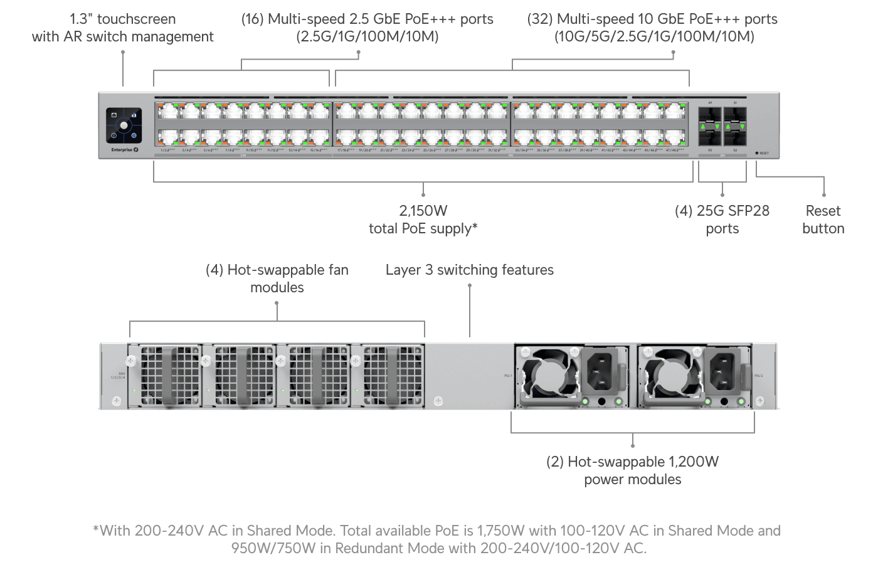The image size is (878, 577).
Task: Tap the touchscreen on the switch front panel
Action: (124, 125)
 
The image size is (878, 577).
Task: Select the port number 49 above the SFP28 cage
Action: (710, 102)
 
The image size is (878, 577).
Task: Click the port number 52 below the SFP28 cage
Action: (735, 151)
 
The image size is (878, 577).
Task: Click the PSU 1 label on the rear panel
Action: (508, 376)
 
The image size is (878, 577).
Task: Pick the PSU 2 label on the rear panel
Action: (759, 376)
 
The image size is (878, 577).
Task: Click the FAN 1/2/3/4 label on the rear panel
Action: (118, 376)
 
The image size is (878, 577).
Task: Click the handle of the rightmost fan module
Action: (393, 375)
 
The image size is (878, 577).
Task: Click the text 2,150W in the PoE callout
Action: (423, 211)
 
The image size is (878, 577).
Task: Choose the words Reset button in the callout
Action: (823, 220)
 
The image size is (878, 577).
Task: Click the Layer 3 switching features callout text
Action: (469, 270)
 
